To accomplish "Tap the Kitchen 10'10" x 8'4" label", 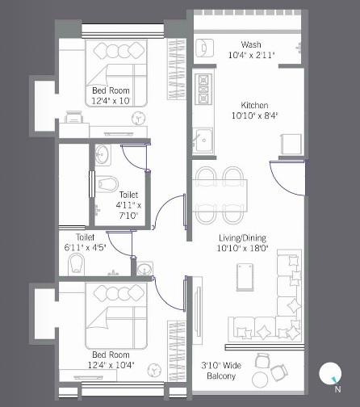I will [x=255, y=111].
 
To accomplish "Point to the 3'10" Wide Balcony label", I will [x=221, y=371].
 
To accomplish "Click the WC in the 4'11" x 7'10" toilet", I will [x=107, y=183].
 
